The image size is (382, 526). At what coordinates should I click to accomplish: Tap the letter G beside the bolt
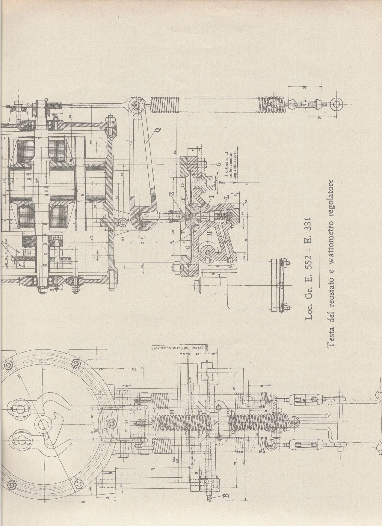point(219,164)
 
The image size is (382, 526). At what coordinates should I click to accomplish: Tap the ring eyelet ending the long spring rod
point(336,104)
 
